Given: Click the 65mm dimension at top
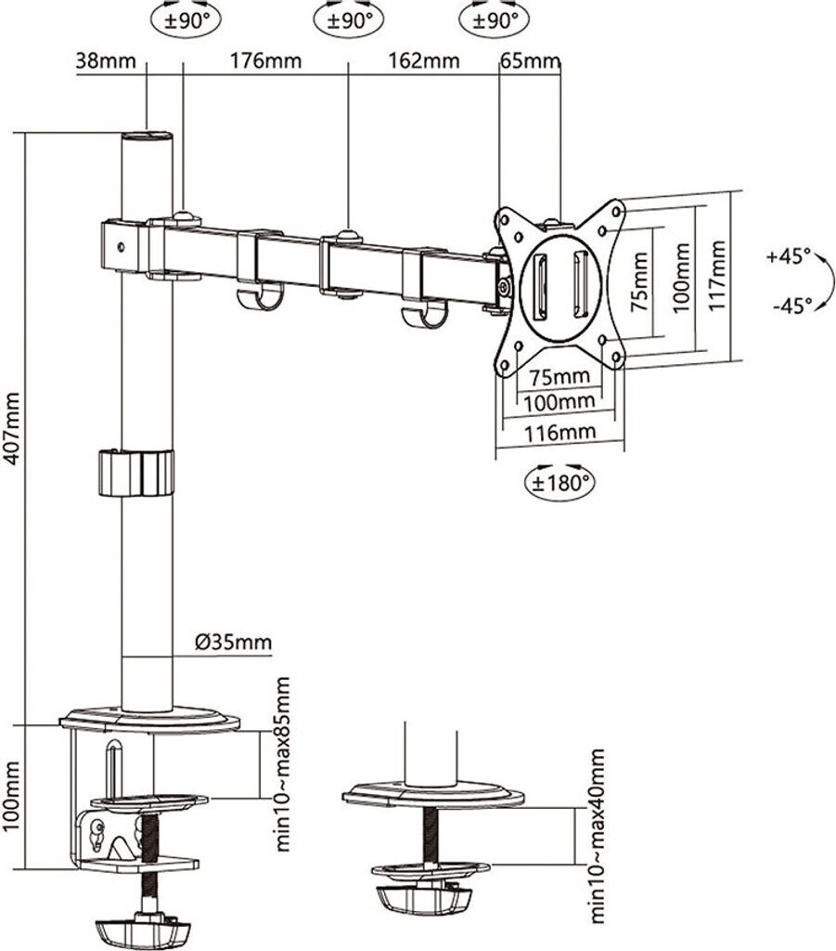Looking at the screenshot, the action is tap(530, 62).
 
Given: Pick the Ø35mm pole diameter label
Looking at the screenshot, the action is tap(233, 642).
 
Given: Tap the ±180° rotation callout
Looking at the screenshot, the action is tap(559, 482).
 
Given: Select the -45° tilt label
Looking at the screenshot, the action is tap(789, 304).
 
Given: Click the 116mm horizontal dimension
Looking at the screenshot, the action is tap(559, 432).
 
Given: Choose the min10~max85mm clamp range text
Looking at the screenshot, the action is tap(282, 763).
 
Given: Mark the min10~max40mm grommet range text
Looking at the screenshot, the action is tap(598, 836).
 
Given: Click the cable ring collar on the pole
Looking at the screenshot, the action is tap(135, 473).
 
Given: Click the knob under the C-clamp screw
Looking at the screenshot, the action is tap(144, 931).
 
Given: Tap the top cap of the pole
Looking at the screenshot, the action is tap(148, 136).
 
